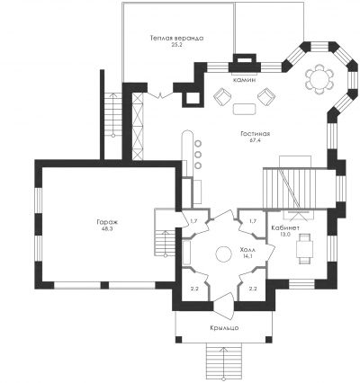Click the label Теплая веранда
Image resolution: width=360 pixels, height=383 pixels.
pyautogui.click(x=177, y=39)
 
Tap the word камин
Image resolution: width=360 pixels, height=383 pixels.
pyautogui.click(x=244, y=80)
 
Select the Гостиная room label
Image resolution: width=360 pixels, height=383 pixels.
pyautogui.click(x=256, y=134)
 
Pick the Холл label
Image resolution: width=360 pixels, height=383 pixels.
pyautogui.click(x=247, y=249)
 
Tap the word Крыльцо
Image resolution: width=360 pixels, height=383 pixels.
pyautogui.click(x=224, y=328)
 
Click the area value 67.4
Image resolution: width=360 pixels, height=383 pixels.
pyautogui.click(x=255, y=140)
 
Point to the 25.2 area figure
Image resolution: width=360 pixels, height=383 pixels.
pyautogui.click(x=177, y=45)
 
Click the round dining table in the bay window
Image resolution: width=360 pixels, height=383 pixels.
pyautogui.click(x=319, y=80)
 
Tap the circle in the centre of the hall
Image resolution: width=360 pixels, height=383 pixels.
pyautogui.click(x=223, y=254)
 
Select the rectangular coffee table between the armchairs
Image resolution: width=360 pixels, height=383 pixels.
pyautogui.click(x=245, y=109)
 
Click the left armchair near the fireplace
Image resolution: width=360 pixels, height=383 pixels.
pyautogui.click(x=222, y=96)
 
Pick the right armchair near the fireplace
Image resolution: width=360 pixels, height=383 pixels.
pyautogui.click(x=266, y=96)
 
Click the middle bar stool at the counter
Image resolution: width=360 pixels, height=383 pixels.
pyautogui.click(x=198, y=155)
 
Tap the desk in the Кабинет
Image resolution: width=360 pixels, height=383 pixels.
pyautogui.click(x=304, y=249)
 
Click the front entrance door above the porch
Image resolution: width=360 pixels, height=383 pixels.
pyautogui.click(x=223, y=306)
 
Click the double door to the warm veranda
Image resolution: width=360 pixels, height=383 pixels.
pyautogui.click(x=160, y=96)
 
